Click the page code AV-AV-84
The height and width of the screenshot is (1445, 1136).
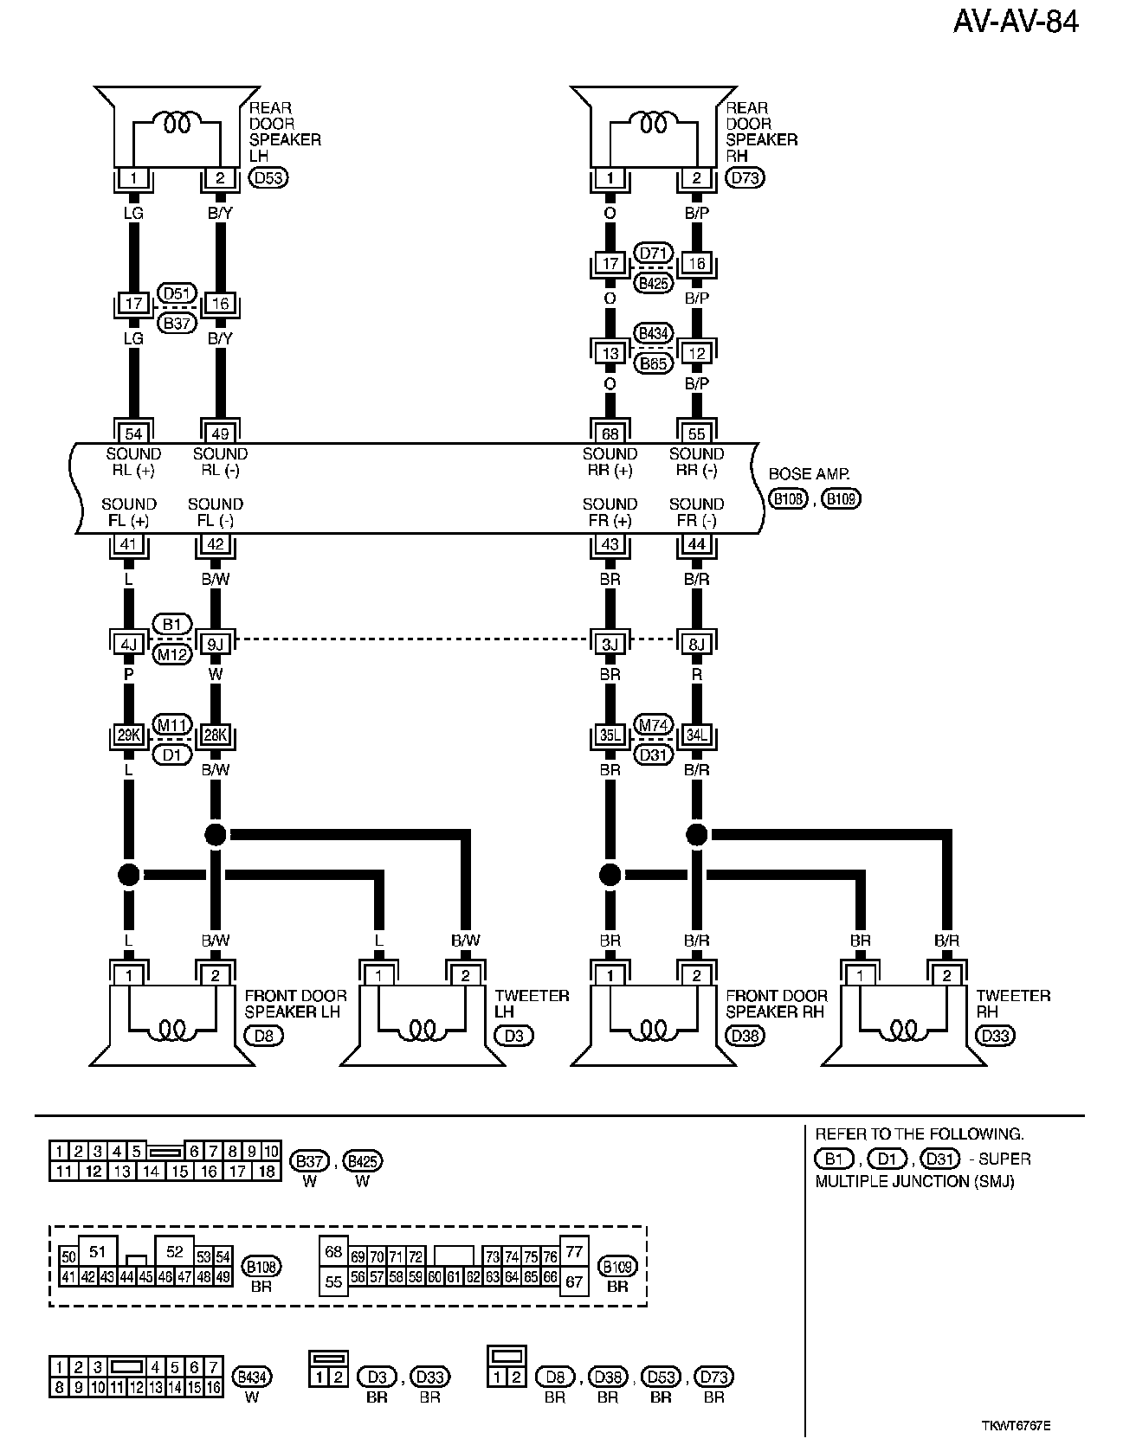tap(1016, 22)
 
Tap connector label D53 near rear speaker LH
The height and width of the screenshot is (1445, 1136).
tap(268, 178)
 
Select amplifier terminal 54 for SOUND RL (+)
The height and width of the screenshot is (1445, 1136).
tap(133, 433)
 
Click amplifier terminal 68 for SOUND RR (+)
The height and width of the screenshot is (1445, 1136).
tap(610, 433)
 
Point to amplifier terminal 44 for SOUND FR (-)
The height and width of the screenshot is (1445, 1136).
tap(696, 544)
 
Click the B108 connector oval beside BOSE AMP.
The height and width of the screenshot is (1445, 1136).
tap(788, 498)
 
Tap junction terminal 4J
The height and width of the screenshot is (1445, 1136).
tap(129, 643)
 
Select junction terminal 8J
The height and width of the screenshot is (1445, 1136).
tap(696, 643)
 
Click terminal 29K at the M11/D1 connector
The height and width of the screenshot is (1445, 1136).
tap(129, 735)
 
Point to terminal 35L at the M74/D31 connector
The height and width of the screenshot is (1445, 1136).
tap(610, 735)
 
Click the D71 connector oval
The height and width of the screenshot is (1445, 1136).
tap(654, 254)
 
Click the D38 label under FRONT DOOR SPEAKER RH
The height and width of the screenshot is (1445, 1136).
tap(745, 1036)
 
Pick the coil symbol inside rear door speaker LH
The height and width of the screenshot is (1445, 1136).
tap(177, 124)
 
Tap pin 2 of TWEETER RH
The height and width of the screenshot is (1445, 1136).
tap(947, 975)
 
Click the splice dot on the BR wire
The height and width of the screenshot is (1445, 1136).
tap(610, 875)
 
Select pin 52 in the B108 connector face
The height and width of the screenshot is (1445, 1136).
tap(175, 1251)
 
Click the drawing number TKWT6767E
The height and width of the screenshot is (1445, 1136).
tap(1021, 1425)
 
